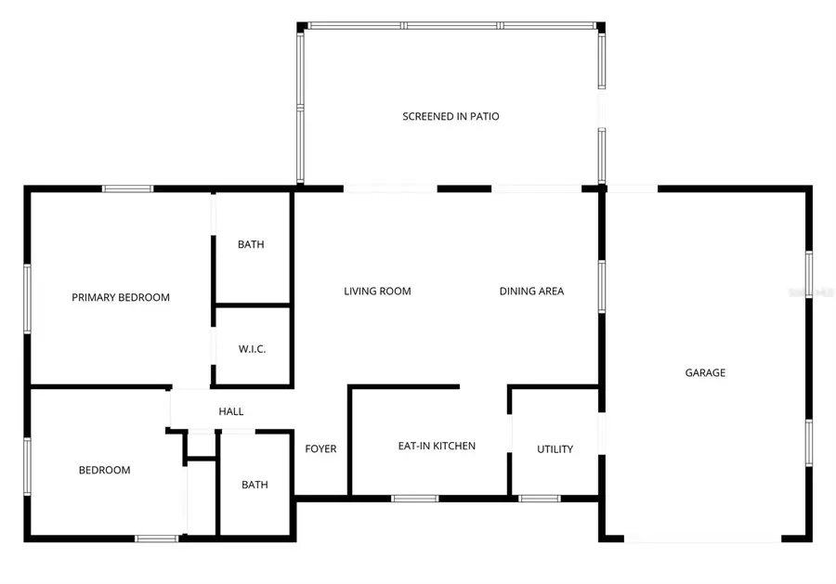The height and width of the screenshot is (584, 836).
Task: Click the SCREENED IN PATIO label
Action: pyautogui.click(x=451, y=116)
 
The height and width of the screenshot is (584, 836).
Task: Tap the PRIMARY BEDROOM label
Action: pyautogui.click(x=121, y=298)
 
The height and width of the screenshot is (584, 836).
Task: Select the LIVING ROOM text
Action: pyautogui.click(x=377, y=292)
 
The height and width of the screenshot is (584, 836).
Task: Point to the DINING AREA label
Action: pyautogui.click(x=531, y=292)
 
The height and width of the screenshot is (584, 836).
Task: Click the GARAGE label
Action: pyautogui.click(x=705, y=372)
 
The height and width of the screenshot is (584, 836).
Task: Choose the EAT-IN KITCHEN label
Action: pyautogui.click(x=437, y=447)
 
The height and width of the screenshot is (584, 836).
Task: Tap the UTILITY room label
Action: pyautogui.click(x=555, y=449)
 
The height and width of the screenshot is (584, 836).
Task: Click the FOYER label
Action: pyautogui.click(x=321, y=449)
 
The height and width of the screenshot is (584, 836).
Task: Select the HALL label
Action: pyautogui.click(x=231, y=411)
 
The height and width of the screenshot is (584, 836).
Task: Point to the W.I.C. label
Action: pyautogui.click(x=252, y=349)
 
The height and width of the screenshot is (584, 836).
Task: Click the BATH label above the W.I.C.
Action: pyautogui.click(x=251, y=245)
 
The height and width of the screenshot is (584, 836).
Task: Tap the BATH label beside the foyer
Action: pyautogui.click(x=255, y=485)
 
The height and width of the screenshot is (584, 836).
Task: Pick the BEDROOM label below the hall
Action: pyautogui.click(x=104, y=470)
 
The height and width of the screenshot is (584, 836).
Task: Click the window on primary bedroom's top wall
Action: pyautogui.click(x=127, y=188)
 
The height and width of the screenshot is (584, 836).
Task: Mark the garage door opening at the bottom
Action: pyautogui.click(x=702, y=539)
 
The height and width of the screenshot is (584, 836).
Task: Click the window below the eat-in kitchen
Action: pyautogui.click(x=414, y=499)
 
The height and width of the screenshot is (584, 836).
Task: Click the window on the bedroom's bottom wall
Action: pyautogui.click(x=156, y=538)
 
